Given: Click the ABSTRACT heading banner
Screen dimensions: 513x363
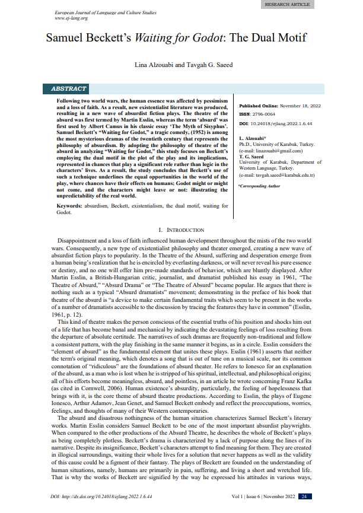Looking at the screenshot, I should click(x=69, y=90).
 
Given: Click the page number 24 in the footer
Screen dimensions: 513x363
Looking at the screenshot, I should click(x=304, y=496).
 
